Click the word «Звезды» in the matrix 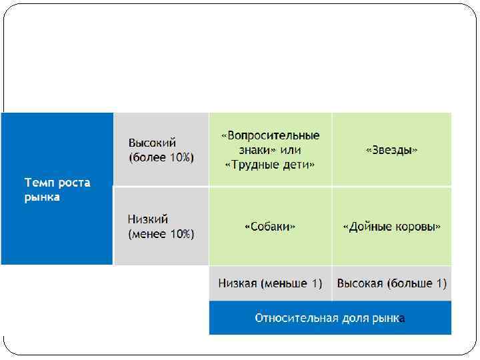(x=392, y=150)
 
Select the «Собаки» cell (x=270, y=227)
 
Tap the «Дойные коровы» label (x=392, y=227)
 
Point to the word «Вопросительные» (x=270, y=136)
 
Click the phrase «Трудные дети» (x=270, y=165)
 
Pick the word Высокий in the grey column (x=152, y=143)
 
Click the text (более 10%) (x=161, y=158)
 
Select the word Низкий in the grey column (x=148, y=219)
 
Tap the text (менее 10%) (x=161, y=234)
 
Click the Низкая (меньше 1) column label (x=270, y=283)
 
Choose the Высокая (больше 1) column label (x=392, y=283)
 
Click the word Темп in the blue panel (x=39, y=183)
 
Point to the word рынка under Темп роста (x=42, y=197)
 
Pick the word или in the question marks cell (x=291, y=150)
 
